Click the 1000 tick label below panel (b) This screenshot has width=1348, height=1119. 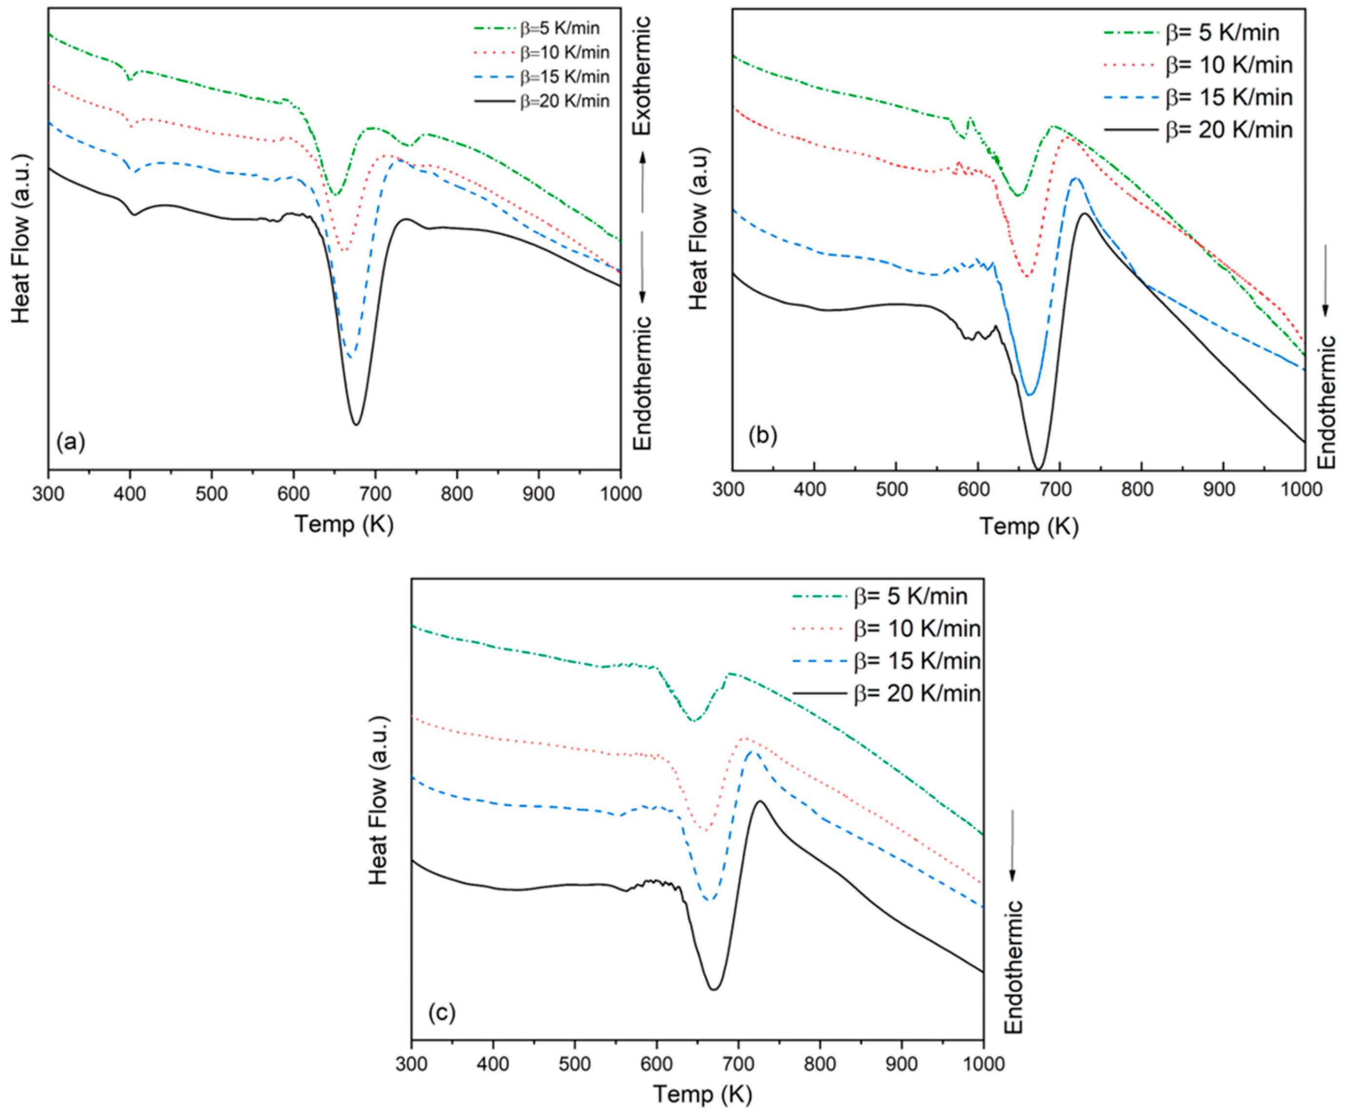1303,490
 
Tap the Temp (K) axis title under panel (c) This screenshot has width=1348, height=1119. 702,1093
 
